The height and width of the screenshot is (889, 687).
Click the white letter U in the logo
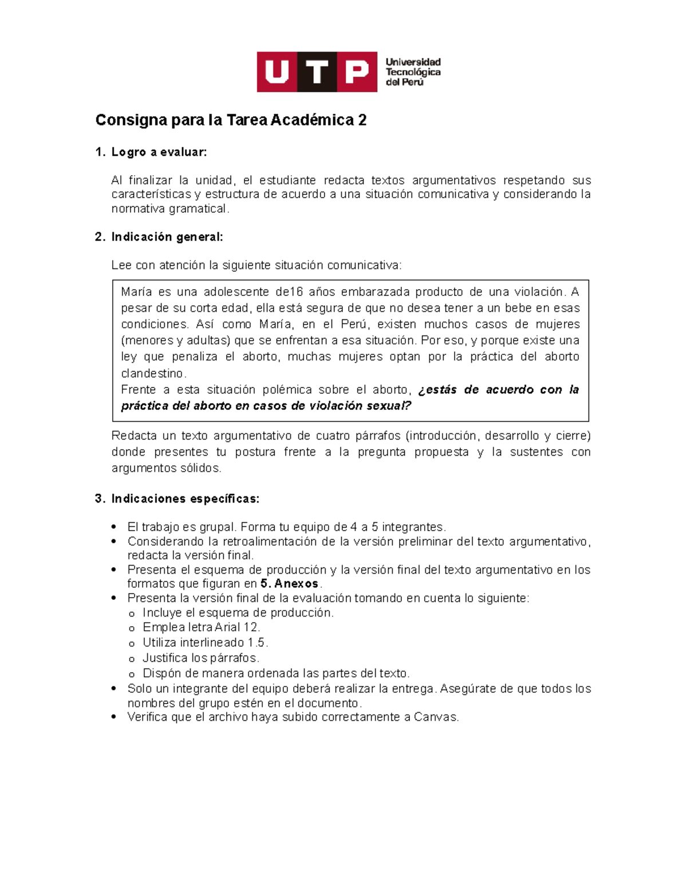277,72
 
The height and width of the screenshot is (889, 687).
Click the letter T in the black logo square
317,72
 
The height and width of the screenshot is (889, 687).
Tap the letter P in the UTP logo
357,72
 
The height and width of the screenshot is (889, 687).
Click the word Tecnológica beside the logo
413,72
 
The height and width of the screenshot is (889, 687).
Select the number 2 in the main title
362,120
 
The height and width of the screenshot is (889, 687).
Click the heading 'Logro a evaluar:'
159,152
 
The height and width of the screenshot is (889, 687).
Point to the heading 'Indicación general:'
167,237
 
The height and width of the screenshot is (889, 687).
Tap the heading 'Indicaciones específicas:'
185,499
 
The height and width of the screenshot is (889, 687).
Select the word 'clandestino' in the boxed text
153,373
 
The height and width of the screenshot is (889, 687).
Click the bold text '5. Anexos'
289,584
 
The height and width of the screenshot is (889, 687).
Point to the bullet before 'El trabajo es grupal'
115,527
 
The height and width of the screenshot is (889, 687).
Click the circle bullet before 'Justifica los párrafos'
132,659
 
